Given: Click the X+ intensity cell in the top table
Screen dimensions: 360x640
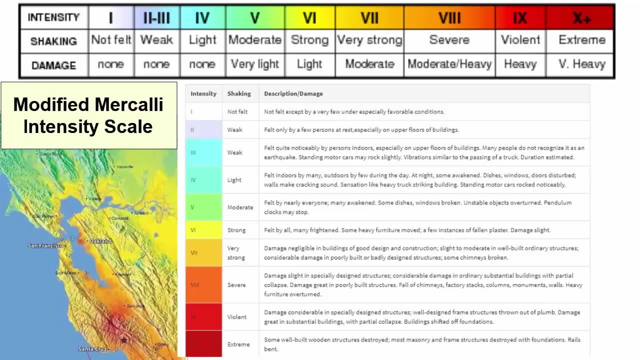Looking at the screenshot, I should click(580, 18).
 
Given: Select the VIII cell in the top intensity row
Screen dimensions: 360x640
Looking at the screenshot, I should click(449, 18).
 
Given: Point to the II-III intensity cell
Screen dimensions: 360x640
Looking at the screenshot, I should click(157, 18).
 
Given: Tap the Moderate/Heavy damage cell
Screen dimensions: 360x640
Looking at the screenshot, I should click(449, 64).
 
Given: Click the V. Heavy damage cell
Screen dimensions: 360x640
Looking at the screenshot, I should click(581, 64).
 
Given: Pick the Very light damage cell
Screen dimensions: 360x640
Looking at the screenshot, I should click(254, 64).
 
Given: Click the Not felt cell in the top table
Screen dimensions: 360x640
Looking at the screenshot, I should click(111, 40).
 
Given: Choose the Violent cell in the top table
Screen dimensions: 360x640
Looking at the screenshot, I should click(520, 40).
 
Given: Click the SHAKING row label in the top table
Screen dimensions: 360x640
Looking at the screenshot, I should click(53, 41).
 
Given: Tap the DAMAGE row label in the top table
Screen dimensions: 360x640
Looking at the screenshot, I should click(53, 65).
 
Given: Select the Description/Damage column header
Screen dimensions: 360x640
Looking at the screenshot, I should click(293, 93).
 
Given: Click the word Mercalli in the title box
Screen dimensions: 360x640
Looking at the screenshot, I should click(129, 104).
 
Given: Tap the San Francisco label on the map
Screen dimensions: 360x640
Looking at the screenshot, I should click(45, 245).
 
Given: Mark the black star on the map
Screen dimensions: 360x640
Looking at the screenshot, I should click(123, 340).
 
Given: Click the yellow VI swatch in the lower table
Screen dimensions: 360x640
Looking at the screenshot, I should click(203, 230).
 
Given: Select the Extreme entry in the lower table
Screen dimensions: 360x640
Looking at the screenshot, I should click(238, 344).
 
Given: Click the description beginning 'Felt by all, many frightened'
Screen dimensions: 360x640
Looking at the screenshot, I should click(407, 230).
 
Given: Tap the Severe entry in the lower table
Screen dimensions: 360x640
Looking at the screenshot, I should click(236, 285).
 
